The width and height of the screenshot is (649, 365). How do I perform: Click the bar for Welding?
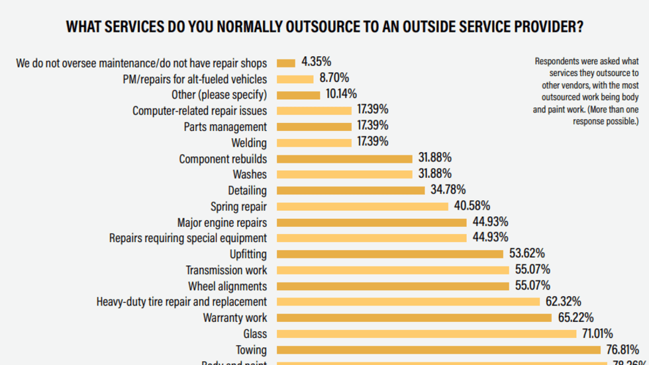click(x=314, y=142)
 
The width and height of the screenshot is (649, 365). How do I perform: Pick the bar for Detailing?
click(x=350, y=190)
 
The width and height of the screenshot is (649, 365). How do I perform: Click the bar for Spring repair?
click(x=363, y=206)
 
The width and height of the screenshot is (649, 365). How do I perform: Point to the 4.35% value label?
click(x=315, y=62)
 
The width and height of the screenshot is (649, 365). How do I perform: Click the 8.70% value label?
click(x=334, y=78)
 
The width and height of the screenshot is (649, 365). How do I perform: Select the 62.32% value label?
click(x=563, y=301)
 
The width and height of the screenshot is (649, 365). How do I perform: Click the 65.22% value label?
click(x=575, y=317)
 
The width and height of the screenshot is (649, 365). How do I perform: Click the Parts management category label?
click(x=225, y=126)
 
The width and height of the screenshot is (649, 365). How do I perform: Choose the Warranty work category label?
click(x=234, y=317)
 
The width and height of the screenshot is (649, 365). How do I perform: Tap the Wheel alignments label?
click(x=227, y=286)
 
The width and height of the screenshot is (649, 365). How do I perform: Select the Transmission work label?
click(x=226, y=270)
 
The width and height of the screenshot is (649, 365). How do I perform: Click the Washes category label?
click(x=250, y=174)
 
